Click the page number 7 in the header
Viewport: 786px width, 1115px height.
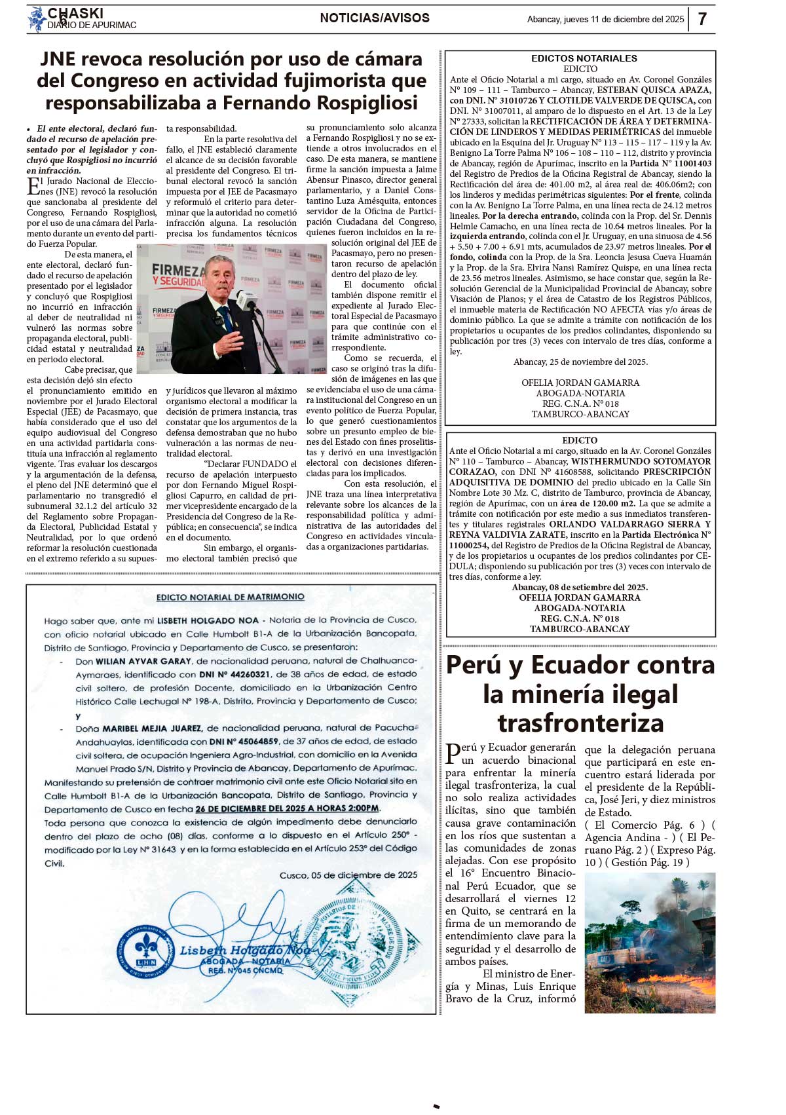coord(702,19)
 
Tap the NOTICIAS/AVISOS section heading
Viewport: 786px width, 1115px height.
coord(375,18)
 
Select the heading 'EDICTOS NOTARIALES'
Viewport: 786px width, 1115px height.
coord(584,58)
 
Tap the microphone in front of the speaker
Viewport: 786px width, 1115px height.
coord(246,300)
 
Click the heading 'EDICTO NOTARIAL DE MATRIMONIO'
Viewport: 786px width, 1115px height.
coord(231,597)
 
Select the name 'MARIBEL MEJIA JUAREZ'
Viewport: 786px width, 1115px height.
coord(151,728)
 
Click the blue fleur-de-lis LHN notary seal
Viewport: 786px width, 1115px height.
coord(145,948)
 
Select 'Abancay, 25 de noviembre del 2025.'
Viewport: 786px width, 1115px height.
coord(580,362)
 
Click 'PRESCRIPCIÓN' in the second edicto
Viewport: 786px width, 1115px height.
coord(677,472)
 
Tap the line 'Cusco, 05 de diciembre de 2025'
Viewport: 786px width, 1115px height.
coord(348,875)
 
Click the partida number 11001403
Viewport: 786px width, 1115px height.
coord(690,164)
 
